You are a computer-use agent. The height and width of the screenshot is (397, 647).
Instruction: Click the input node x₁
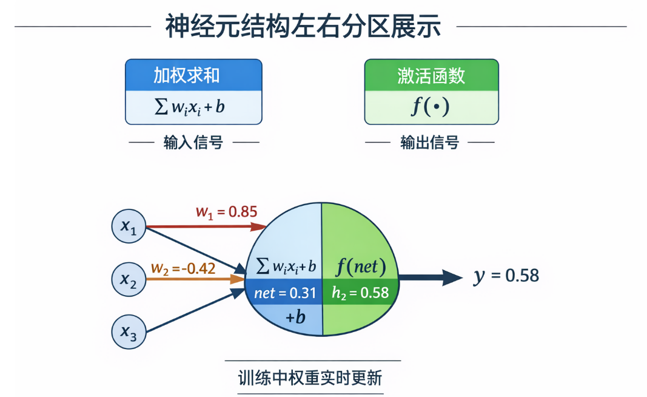(x=129, y=227)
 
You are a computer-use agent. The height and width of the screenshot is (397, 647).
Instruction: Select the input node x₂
(x=129, y=279)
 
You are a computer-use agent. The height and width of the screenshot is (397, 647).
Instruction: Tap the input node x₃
(x=129, y=331)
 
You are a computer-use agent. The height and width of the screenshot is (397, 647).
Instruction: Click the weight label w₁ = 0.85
(x=226, y=212)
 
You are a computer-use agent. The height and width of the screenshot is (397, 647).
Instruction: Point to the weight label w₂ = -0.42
(x=183, y=268)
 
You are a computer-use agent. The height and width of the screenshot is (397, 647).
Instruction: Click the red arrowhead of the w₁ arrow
(x=260, y=227)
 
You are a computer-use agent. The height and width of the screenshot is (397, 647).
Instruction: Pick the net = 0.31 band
(x=286, y=293)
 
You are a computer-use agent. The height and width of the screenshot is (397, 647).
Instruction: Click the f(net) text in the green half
(x=361, y=266)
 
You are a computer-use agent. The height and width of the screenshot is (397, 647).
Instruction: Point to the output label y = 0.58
(x=506, y=276)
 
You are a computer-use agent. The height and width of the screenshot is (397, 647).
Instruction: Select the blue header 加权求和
(x=193, y=75)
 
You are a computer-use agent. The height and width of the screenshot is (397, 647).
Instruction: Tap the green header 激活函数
(x=431, y=75)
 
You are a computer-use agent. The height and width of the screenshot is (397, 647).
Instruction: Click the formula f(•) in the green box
(x=431, y=107)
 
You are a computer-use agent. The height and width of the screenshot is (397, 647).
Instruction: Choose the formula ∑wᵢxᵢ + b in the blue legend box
(x=190, y=107)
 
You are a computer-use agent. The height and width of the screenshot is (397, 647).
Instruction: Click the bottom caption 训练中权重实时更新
(x=310, y=378)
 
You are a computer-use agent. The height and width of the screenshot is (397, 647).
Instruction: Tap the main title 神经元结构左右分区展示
(x=303, y=27)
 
